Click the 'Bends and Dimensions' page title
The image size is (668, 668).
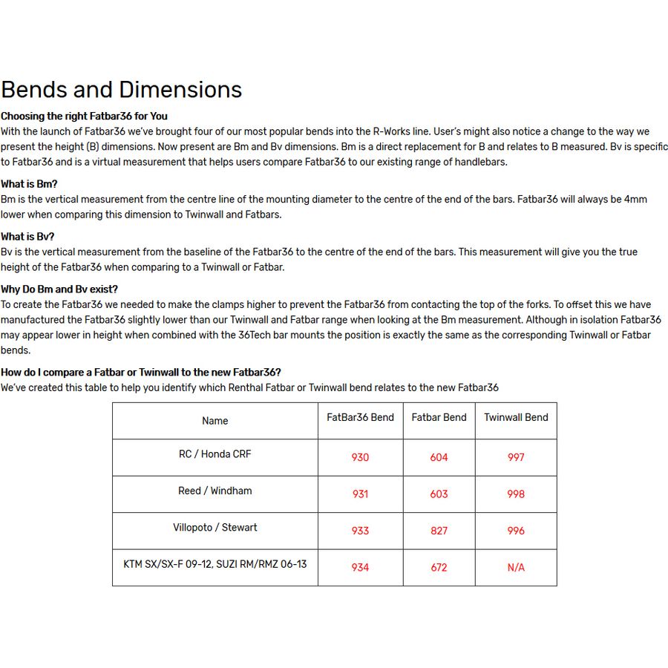(122, 90)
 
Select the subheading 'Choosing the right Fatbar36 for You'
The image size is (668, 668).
(84, 116)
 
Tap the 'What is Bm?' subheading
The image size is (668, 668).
(29, 184)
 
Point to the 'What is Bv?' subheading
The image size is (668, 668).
(27, 237)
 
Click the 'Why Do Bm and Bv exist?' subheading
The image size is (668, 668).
(59, 289)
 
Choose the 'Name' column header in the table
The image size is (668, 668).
(215, 421)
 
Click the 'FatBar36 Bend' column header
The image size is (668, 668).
(360, 417)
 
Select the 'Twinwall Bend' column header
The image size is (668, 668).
(516, 417)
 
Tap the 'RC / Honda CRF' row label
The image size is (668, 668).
(215, 453)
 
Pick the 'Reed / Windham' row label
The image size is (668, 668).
(215, 491)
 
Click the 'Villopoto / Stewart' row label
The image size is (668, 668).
(215, 527)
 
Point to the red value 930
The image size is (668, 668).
(360, 457)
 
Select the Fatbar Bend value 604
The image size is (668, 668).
(439, 457)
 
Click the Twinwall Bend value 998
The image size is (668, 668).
(516, 494)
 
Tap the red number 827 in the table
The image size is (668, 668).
(439, 531)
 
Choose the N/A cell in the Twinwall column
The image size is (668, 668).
(516, 567)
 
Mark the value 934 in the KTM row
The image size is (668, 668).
(360, 567)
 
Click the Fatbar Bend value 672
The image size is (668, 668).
(439, 567)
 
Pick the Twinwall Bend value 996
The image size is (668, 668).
(516, 531)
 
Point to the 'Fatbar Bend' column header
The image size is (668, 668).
(439, 417)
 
